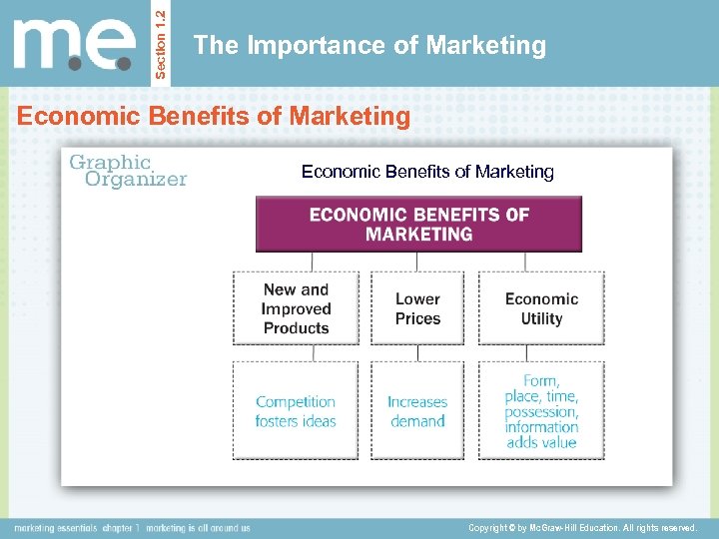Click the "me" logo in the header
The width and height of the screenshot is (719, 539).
point(74,45)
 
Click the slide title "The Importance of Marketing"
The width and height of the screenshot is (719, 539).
point(369,45)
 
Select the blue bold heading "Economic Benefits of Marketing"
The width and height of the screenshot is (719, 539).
point(214,117)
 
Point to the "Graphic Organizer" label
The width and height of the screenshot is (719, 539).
point(126,170)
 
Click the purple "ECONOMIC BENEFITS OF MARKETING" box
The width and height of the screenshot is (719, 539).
point(418,224)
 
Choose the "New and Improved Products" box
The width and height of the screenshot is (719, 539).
point(296,308)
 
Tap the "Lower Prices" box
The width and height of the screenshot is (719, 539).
point(417,308)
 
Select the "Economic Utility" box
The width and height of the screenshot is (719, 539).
point(541,308)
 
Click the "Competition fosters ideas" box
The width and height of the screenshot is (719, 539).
point(296,410)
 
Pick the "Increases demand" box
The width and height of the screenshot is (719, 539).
point(417,410)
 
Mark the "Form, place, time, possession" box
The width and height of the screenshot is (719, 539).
point(541,410)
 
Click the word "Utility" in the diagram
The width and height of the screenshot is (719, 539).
point(541,318)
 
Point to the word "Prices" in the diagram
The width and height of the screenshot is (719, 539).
point(417,318)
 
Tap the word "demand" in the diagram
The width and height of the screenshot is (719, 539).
point(417,421)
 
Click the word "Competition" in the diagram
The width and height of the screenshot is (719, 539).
point(296,401)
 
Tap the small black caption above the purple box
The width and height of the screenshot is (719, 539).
point(427,172)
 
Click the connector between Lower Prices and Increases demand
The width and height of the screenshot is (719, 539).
point(417,353)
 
